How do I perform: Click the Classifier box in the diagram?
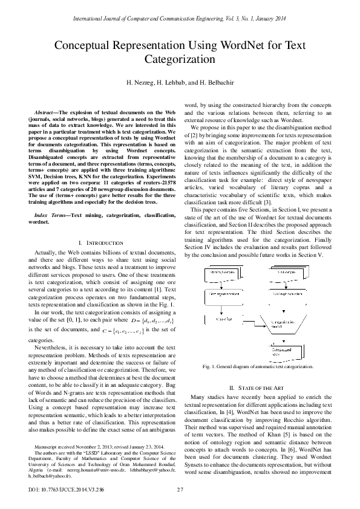coord(223,319)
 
